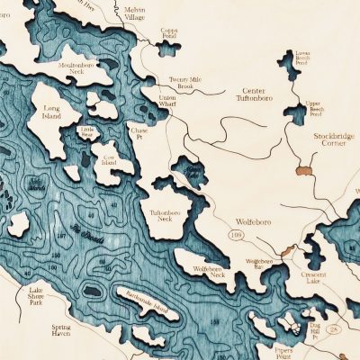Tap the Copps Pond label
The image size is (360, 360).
[169, 33]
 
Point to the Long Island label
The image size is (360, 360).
[56, 114]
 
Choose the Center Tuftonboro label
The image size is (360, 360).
[259, 96]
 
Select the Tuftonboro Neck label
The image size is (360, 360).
[163, 217]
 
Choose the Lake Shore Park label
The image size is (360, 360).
[41, 294]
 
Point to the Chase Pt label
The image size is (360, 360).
[139, 131]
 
